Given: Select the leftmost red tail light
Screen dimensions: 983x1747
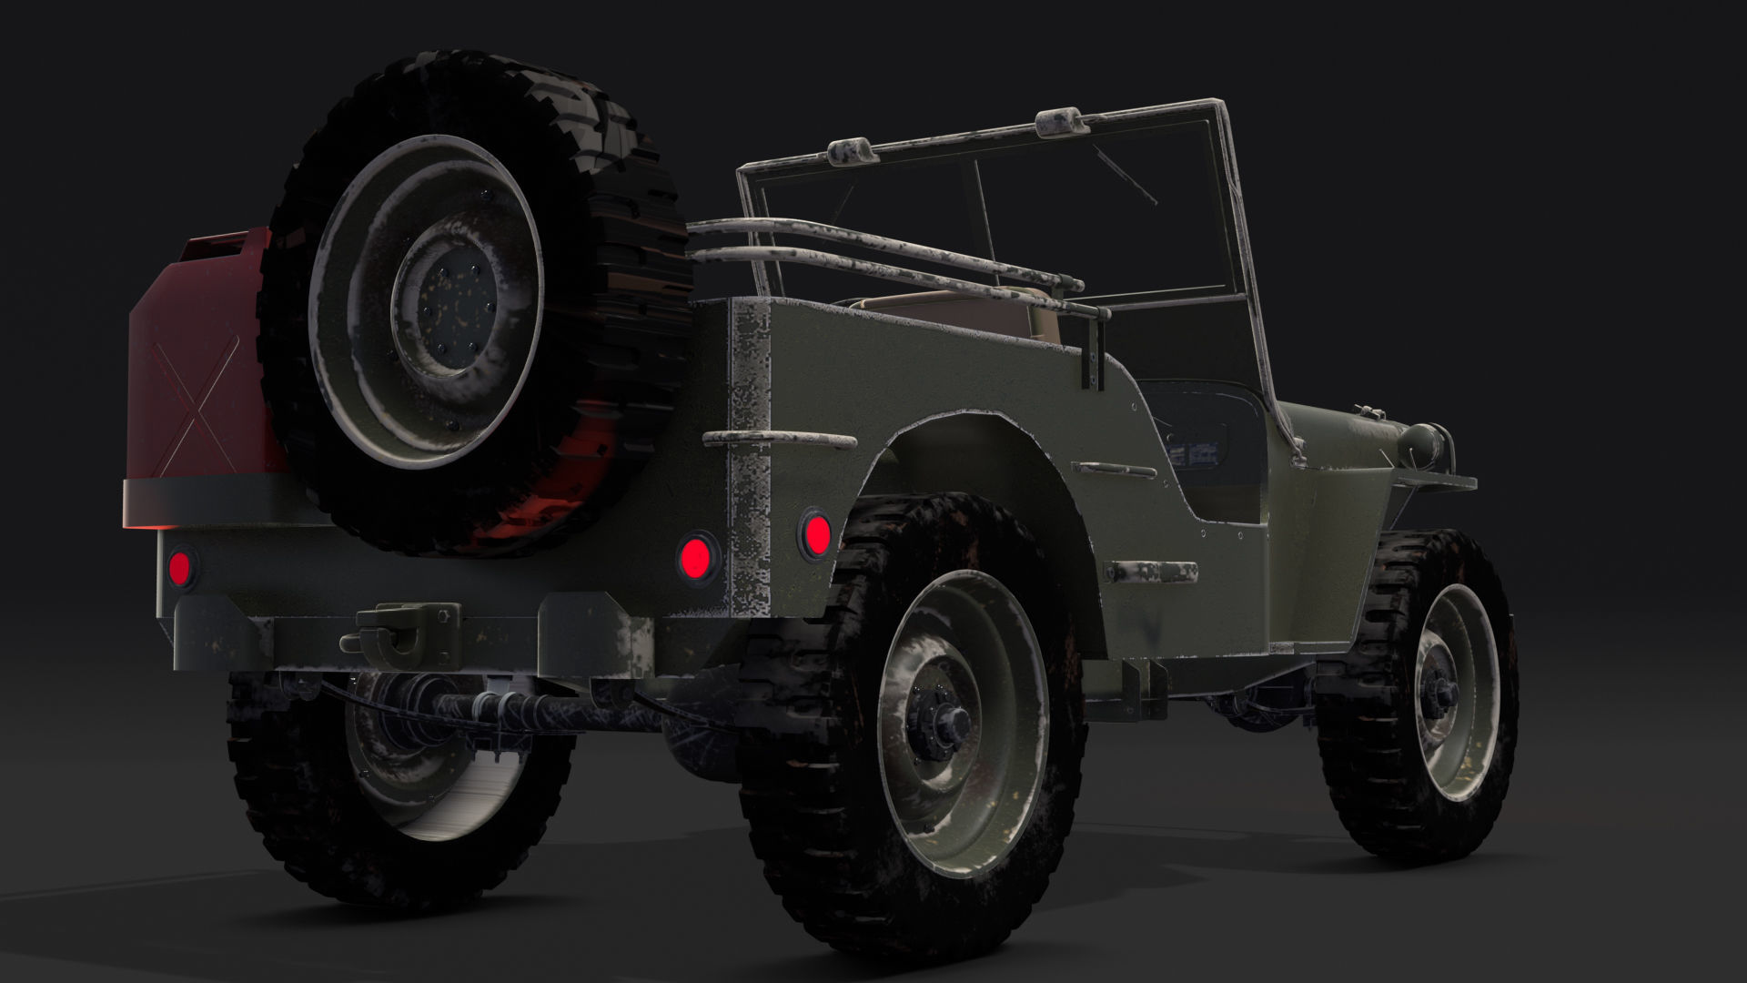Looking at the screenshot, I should point(180,567).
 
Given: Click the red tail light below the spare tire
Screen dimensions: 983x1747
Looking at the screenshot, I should point(697,553).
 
